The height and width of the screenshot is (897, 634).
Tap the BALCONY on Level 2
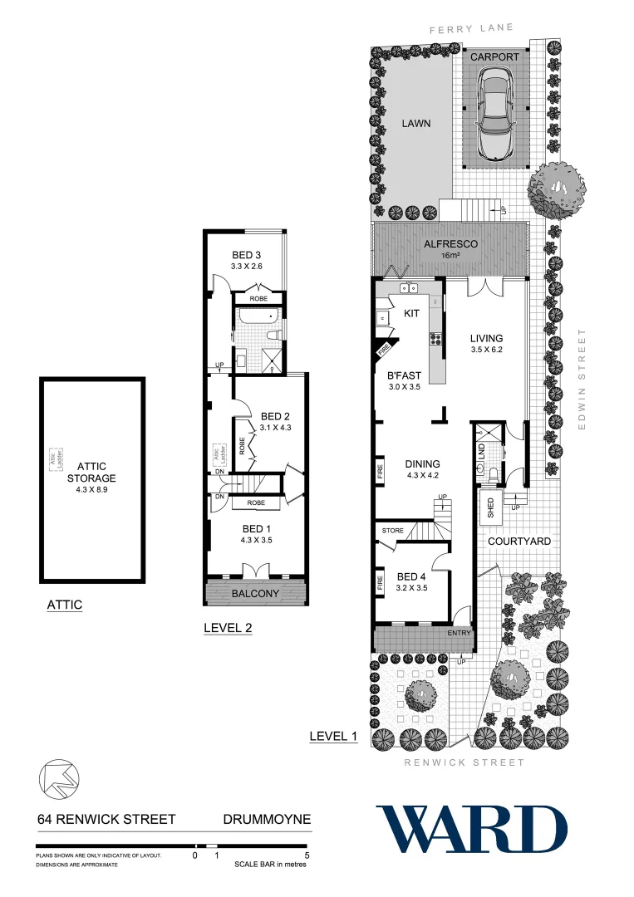tap(256, 593)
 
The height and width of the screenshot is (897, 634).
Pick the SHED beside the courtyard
tap(489, 504)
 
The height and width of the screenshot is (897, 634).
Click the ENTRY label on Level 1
tap(459, 633)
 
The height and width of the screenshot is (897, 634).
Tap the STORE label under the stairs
tap(392, 529)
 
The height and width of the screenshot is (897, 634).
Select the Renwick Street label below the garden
tap(464, 762)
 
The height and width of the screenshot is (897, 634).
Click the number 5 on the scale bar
tap(307, 855)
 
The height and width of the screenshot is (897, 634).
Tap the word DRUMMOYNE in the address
tap(267, 820)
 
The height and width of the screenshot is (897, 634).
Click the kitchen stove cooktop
tap(435, 338)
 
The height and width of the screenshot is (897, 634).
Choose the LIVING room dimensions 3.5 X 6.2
tap(486, 350)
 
